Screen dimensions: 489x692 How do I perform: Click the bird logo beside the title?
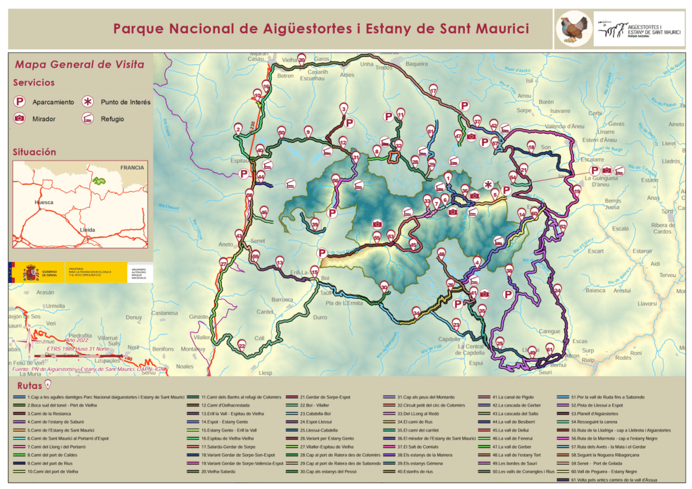point(574,29)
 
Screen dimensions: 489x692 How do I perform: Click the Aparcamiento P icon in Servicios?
point(22,102)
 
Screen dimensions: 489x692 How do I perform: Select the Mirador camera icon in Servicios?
point(22,119)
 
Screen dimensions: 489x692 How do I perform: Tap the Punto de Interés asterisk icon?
point(88,102)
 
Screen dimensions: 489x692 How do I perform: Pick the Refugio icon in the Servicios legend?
point(88,119)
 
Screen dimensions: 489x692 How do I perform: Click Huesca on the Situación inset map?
point(45,202)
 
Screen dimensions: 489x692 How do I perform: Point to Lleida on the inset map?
point(87,230)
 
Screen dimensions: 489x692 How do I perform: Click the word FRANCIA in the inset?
point(132,167)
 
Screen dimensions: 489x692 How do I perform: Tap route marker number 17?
point(433,90)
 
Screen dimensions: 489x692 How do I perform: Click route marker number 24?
point(557,289)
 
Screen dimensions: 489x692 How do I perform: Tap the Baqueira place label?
point(416,64)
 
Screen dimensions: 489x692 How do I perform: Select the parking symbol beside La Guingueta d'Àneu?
point(595,170)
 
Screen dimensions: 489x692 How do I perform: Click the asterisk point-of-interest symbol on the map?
point(488,183)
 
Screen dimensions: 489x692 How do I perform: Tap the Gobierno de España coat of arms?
point(30,274)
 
